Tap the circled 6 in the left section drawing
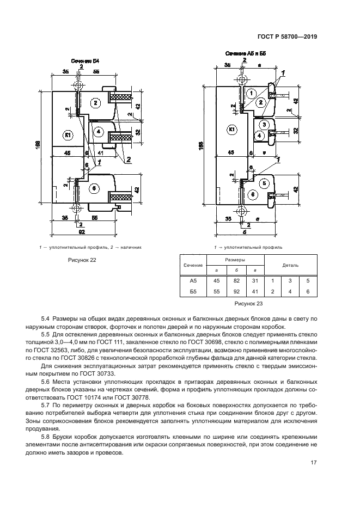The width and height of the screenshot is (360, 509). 94,188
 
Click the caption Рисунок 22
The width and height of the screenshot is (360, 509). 81,260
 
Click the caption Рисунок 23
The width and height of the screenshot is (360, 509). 248,304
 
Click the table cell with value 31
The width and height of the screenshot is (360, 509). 254,281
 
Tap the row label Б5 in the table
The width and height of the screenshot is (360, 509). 192,292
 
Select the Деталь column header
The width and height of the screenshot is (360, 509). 290,265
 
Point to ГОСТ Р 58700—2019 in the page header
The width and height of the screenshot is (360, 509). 287,38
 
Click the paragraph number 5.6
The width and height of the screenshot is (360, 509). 46,385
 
